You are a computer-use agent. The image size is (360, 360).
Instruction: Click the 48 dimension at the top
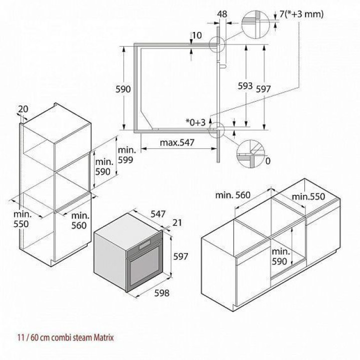[x=222, y=14]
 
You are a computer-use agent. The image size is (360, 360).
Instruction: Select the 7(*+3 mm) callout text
[x=301, y=14]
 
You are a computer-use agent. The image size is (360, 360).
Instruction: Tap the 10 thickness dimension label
[x=197, y=35]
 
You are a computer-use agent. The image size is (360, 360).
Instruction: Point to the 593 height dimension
[x=245, y=86]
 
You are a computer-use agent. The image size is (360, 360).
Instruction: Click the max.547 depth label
[x=177, y=142]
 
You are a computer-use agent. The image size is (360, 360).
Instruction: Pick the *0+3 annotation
[x=195, y=122]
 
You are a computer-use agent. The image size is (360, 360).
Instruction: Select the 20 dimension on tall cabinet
[x=23, y=109]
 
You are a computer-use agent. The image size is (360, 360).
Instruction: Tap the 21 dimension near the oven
[x=177, y=222]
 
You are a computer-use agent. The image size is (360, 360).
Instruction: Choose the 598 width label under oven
[x=162, y=293]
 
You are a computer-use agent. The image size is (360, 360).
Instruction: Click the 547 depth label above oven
[x=158, y=214]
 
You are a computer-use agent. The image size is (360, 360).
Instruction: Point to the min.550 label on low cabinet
[x=308, y=196]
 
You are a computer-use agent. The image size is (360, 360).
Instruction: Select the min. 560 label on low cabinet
[x=232, y=195]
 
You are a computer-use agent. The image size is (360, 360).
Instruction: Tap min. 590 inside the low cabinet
[x=280, y=256]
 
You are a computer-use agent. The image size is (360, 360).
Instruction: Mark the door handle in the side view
[x=222, y=66]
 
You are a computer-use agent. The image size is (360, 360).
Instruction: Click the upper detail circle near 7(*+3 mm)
[x=255, y=24]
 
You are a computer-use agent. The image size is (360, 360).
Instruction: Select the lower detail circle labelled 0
[x=250, y=153]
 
